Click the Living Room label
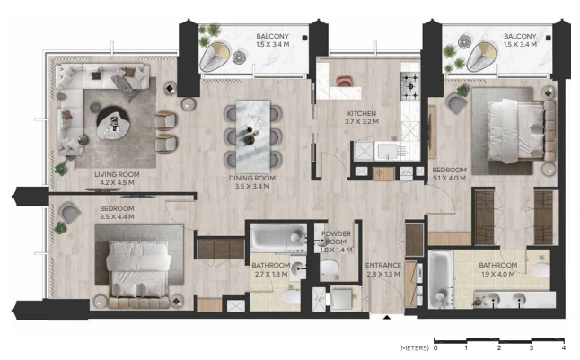117,174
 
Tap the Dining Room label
252,178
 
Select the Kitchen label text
362,114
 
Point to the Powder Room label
336,238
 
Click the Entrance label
383,265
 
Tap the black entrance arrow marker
387,317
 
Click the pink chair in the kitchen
344,82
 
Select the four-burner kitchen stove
410,86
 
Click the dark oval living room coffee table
112,122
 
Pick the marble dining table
253,136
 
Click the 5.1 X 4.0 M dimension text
449,178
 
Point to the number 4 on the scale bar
563,347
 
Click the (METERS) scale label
414,347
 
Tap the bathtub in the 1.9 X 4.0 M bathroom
441,279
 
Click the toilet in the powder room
330,268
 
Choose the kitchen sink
387,151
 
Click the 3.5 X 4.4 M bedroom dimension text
117,217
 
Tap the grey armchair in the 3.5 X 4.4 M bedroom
69,213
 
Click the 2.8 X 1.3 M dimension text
383,274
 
